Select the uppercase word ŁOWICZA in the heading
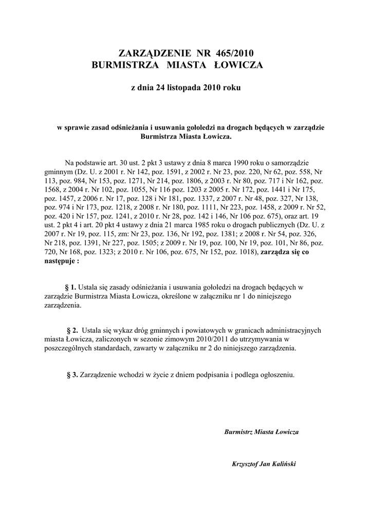(x=238, y=65)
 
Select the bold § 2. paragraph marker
(x=72, y=330)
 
